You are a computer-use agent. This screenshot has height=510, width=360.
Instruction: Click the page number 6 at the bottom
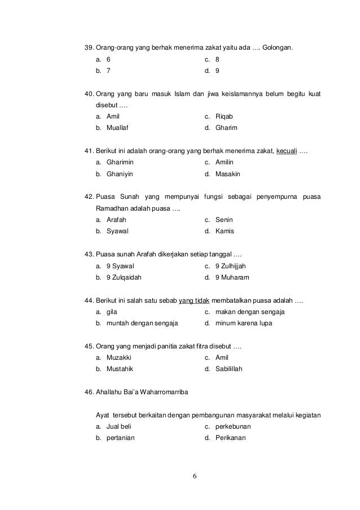[195, 476]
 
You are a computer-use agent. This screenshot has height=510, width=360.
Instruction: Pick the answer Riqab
[224, 116]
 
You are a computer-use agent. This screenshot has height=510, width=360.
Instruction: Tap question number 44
[89, 299]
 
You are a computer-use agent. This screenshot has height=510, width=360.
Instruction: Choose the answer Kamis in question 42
[225, 231]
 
